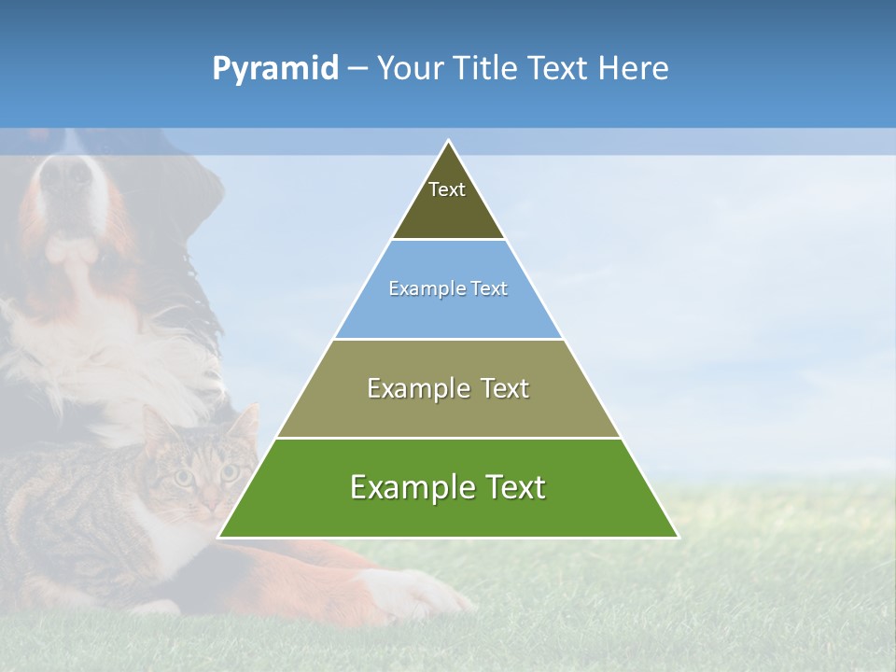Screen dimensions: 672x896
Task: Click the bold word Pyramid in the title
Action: (x=275, y=69)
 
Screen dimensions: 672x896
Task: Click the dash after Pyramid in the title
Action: (x=357, y=69)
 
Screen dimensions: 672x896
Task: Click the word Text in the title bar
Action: (x=559, y=69)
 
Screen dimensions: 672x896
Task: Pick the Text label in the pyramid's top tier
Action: (x=447, y=189)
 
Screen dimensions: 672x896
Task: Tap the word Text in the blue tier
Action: (x=489, y=289)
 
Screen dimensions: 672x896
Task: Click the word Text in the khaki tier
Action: (x=504, y=388)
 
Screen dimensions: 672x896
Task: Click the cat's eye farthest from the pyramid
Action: (x=184, y=477)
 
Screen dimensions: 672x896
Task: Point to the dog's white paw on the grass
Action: (x=411, y=593)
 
